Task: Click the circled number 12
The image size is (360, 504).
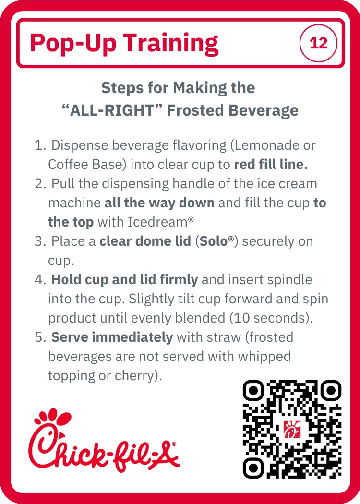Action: point(318,43)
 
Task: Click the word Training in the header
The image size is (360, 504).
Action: point(171,43)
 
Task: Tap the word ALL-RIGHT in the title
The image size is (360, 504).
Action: point(112,110)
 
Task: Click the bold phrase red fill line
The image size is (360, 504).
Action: point(271,164)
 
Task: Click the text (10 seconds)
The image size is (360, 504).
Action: point(271,318)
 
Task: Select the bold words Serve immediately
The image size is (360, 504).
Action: point(112,337)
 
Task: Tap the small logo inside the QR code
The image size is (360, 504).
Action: point(292,429)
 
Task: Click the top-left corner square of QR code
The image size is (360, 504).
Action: point(253,391)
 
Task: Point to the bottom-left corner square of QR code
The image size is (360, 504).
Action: point(253,468)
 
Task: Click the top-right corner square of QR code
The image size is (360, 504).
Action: point(330,391)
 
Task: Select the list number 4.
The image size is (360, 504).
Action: point(40,280)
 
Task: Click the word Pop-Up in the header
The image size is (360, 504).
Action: point(73,43)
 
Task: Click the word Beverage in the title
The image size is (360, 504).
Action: point(263,110)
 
